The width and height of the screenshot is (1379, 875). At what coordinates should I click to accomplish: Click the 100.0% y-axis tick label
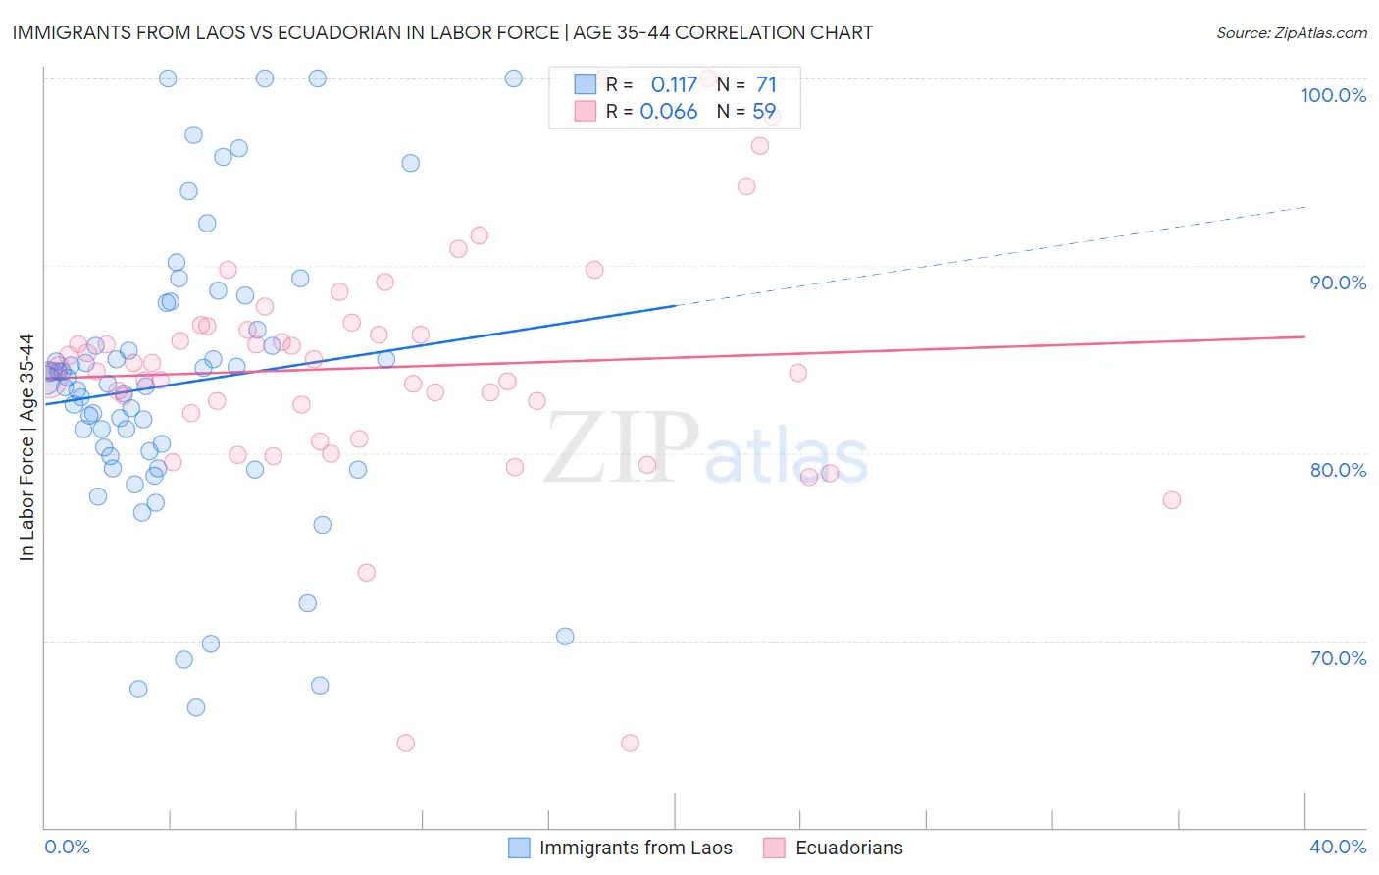point(1333,95)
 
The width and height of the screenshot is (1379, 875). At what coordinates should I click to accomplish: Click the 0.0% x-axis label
point(67,847)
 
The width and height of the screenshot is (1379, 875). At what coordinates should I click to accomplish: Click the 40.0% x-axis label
point(1338,847)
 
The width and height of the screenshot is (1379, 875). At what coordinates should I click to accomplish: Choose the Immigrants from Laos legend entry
point(635,848)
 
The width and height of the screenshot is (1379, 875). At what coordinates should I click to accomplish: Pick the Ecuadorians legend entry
point(848,848)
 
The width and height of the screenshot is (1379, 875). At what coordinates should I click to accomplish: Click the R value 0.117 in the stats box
point(674,85)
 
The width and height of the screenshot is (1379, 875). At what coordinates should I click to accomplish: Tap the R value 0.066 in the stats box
point(669,112)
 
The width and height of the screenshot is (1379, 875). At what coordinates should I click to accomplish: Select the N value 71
point(766,85)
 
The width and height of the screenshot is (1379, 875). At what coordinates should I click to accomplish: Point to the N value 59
point(764,112)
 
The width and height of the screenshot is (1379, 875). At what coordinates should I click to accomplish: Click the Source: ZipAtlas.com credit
point(1291,32)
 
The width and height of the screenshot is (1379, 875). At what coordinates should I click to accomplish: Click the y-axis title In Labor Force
point(26,447)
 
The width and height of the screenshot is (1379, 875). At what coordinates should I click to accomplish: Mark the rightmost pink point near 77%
point(1171,500)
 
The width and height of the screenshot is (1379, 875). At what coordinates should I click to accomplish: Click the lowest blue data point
point(196,707)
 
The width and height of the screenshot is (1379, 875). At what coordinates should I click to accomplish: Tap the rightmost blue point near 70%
point(565,637)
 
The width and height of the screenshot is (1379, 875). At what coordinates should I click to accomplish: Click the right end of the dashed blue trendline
point(1305,207)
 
